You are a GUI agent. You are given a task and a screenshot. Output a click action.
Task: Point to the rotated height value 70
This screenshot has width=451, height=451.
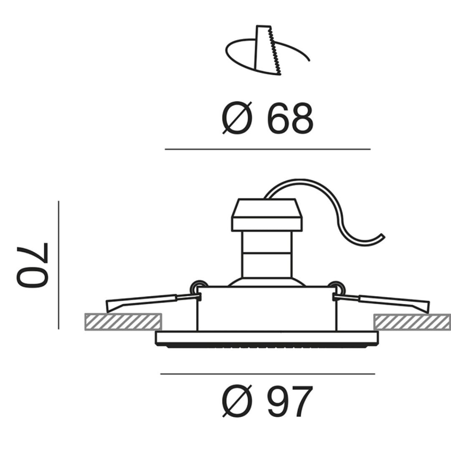pos(33,265)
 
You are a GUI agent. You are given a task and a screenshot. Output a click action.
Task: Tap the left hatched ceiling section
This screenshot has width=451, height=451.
pos(123,322)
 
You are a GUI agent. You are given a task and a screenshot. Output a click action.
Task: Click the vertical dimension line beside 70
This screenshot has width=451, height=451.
pos(58,265)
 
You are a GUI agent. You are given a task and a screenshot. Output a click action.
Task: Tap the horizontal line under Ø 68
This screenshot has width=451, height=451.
pos(267,149)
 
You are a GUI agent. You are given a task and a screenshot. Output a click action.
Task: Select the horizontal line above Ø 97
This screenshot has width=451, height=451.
pos(267,374)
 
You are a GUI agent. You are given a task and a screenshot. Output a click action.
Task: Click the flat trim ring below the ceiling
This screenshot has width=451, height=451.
pos(267,337)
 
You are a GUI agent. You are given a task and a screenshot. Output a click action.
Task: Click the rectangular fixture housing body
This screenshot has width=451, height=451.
pos(267,309)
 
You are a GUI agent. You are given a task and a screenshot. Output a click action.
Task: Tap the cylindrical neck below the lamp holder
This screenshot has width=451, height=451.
pos(267,255)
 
